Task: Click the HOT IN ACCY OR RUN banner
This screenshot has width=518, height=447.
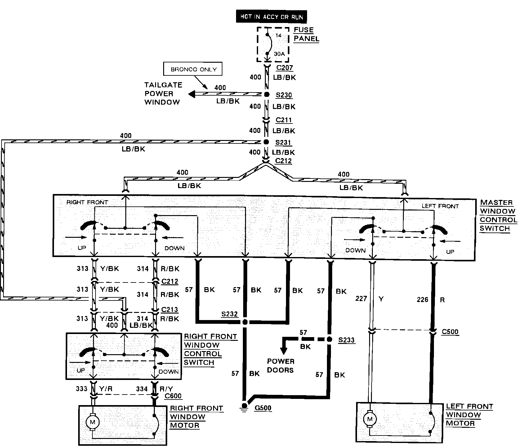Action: coord(271,17)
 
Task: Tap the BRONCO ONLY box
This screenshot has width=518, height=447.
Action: coord(193,69)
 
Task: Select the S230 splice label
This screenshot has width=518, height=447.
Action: coord(284,95)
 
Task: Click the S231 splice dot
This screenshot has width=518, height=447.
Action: coord(266,142)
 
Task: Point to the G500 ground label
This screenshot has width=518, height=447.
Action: coord(263,408)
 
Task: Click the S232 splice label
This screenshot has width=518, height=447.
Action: coord(230,314)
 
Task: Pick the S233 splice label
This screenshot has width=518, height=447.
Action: coord(346,340)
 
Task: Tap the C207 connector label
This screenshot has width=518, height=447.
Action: coord(284,68)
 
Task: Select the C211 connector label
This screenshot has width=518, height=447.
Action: coord(284,120)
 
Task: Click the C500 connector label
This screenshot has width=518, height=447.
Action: coord(450,332)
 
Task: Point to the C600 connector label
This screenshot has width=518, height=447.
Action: coord(173,396)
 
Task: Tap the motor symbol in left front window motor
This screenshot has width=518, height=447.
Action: coord(369,419)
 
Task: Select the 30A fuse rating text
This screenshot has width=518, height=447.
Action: coord(279,54)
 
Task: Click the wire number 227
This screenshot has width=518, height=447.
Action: coord(361,299)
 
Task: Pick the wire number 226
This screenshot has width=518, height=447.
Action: coord(422,300)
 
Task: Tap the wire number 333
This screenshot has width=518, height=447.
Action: coord(82,388)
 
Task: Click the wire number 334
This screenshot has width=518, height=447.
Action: coord(142,388)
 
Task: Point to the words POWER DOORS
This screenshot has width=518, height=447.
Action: coord(280,366)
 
